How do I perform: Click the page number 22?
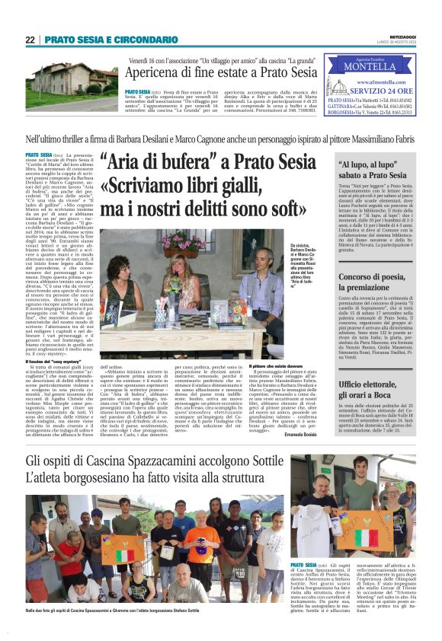30,39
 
